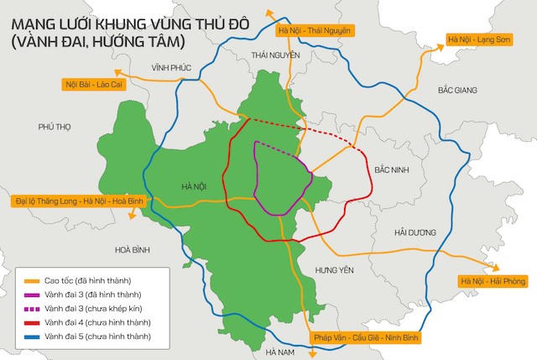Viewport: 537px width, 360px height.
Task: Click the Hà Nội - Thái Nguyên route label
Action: (x=313, y=31)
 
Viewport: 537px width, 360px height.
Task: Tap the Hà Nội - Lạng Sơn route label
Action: (x=479, y=39)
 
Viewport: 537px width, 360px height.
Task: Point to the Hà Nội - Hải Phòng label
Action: (x=492, y=281)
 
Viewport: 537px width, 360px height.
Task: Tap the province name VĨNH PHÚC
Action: (x=171, y=66)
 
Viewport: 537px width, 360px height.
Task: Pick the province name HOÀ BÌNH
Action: (x=133, y=249)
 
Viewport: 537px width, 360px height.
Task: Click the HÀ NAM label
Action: (x=279, y=352)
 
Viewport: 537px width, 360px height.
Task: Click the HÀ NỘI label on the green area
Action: (x=194, y=186)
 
